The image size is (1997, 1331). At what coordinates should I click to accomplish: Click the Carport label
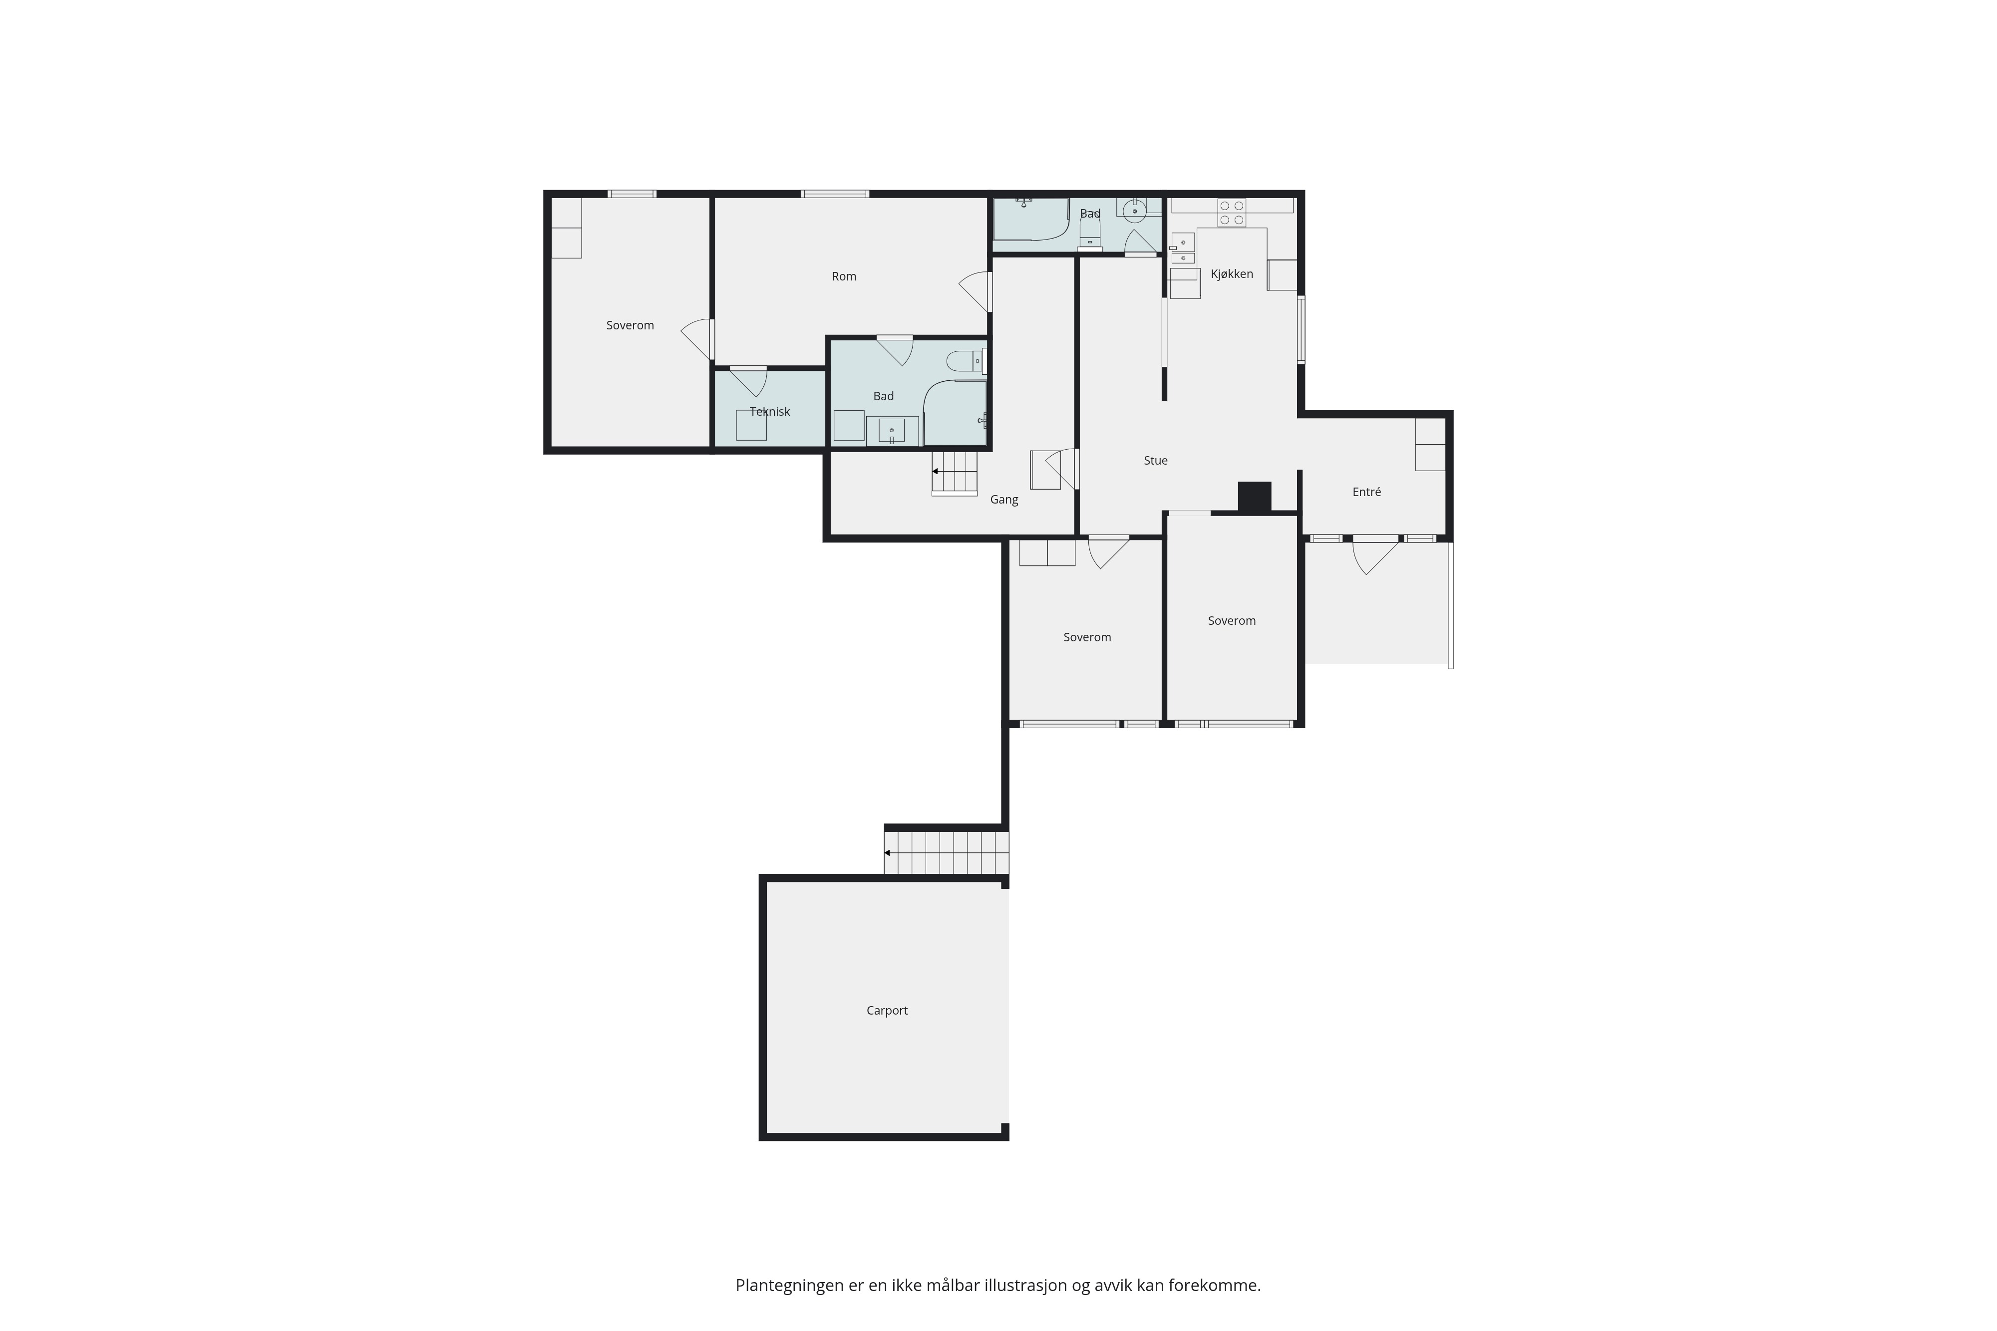click(x=887, y=1010)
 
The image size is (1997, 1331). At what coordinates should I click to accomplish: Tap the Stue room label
click(x=1156, y=460)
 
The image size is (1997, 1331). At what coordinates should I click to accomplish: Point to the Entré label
click(x=1366, y=492)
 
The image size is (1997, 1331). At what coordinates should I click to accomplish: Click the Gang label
click(x=1003, y=499)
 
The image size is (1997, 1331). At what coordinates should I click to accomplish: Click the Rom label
click(x=844, y=276)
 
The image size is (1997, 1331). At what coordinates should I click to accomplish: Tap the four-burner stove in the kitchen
click(x=1231, y=213)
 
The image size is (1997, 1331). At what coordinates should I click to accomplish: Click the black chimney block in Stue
click(x=1254, y=497)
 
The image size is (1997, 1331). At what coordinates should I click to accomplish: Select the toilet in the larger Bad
click(x=966, y=362)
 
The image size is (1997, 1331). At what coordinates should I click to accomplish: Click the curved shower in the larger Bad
click(x=955, y=413)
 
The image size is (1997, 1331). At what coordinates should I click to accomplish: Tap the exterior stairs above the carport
click(x=947, y=852)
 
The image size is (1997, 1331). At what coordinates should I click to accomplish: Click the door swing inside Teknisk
click(x=748, y=382)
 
